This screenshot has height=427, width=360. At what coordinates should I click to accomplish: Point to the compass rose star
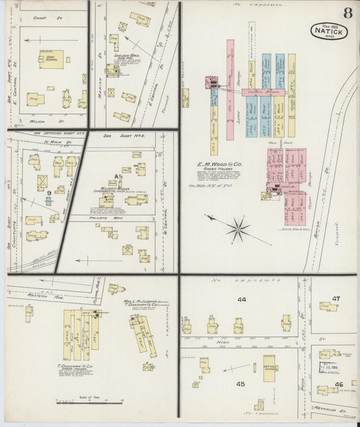coord(238,228)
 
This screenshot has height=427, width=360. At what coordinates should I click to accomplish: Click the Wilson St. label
coord(41,122)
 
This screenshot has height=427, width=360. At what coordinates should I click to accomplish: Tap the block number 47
coord(336,298)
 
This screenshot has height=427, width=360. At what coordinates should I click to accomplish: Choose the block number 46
coord(338,384)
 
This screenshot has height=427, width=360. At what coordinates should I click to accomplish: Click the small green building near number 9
coord(49,201)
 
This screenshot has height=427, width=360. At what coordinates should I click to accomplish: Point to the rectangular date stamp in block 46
coord(328,368)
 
